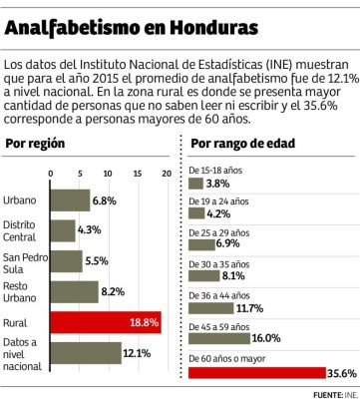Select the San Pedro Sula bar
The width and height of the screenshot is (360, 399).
(66, 261)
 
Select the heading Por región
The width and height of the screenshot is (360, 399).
(36, 144)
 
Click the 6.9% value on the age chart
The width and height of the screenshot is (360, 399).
(228, 243)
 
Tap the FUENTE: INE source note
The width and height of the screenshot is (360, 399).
(333, 394)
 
